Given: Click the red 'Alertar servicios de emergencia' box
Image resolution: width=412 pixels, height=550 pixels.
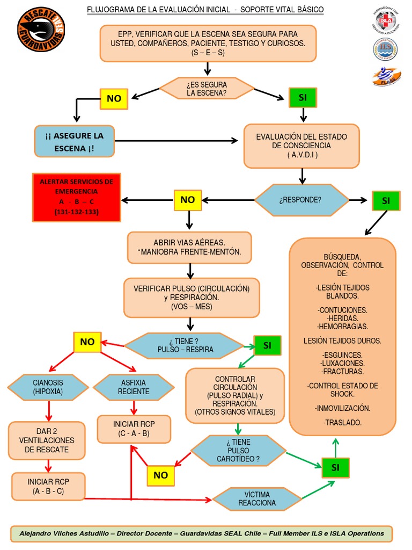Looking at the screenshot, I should [77, 198].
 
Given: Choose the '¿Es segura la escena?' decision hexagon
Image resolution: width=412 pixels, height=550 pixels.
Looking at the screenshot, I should [207, 89].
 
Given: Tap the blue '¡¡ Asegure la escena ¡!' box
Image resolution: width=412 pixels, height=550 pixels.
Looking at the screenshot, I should [75, 141].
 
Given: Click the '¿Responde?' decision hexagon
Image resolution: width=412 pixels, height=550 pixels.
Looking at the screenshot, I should [300, 200].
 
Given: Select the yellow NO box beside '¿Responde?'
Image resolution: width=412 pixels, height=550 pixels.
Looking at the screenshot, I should [187, 200].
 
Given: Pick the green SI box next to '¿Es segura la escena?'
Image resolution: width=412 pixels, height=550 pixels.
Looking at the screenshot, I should [303, 97].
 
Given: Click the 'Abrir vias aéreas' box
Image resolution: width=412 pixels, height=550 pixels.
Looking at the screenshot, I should [189, 247].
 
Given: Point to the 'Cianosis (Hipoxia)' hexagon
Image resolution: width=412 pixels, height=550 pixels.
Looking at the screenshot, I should [48, 387].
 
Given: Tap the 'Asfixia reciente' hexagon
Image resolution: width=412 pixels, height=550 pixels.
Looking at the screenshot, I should [134, 387].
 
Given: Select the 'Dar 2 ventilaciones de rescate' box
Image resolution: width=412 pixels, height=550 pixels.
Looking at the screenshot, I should [47, 440].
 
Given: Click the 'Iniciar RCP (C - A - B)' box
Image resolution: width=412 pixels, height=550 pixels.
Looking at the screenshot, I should [134, 429].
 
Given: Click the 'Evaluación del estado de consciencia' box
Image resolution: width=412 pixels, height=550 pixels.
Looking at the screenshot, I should [301, 146].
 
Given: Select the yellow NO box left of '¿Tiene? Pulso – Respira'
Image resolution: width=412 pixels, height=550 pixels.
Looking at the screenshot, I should [87, 342].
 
